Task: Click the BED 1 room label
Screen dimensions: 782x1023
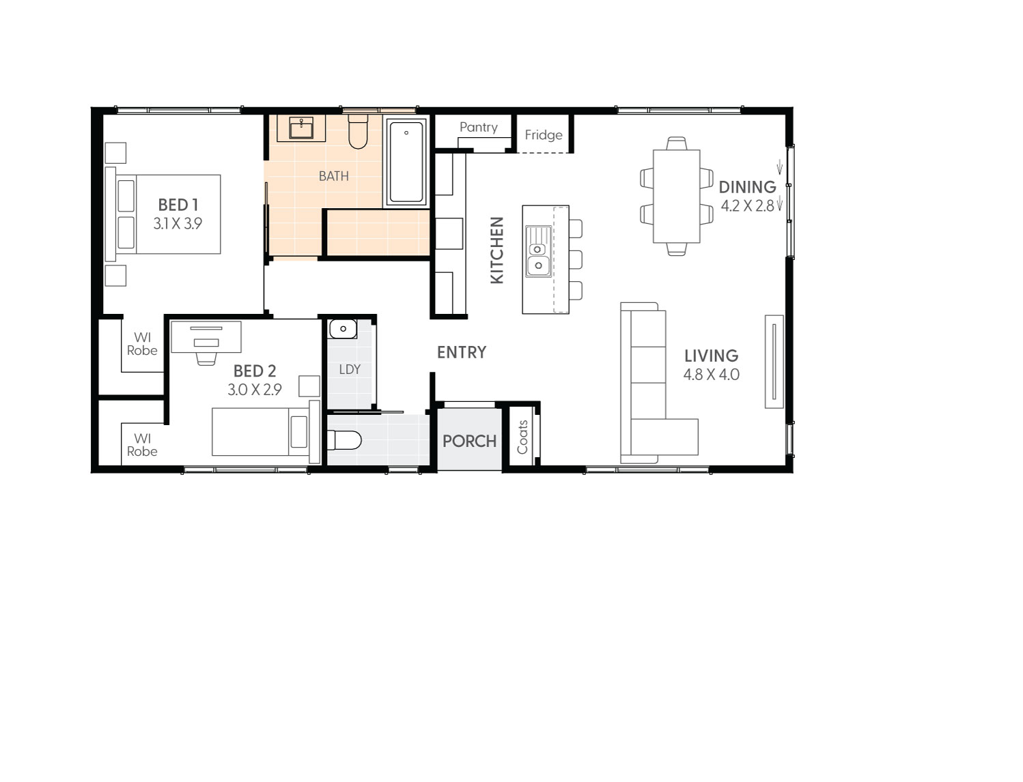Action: click(x=178, y=205)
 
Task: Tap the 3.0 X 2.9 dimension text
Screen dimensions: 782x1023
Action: click(x=254, y=390)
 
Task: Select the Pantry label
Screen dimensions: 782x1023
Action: click(x=478, y=127)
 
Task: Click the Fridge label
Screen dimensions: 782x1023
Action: click(x=544, y=135)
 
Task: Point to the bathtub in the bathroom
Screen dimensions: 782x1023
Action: click(x=406, y=162)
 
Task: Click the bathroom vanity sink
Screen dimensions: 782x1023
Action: click(x=301, y=128)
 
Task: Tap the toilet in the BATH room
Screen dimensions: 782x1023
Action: click(x=358, y=132)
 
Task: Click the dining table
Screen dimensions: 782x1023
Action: click(x=676, y=196)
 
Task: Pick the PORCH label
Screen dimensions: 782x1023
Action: click(x=469, y=441)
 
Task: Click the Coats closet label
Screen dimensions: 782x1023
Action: click(x=522, y=437)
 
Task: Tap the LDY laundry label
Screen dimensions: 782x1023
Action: click(x=350, y=369)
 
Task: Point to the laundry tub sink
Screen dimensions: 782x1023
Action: click(x=343, y=329)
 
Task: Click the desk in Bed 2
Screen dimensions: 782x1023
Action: click(x=206, y=336)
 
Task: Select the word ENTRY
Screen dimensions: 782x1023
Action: click(x=462, y=352)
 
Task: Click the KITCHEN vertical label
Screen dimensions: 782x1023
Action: click(x=497, y=250)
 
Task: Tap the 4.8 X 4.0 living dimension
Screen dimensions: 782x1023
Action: click(x=711, y=375)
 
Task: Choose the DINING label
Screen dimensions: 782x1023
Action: click(x=747, y=187)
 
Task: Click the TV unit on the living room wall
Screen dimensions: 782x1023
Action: click(x=774, y=361)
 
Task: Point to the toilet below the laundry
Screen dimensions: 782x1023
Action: click(x=344, y=440)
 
